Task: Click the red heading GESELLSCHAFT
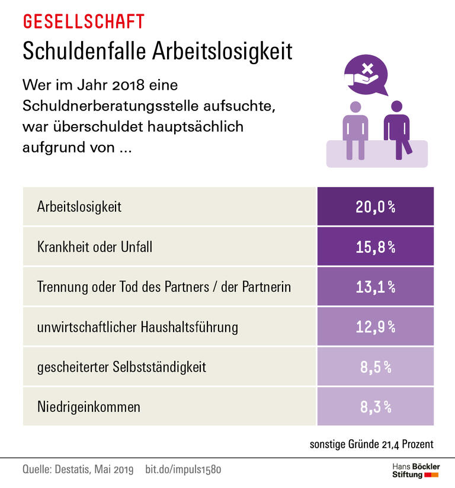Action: coord(83,22)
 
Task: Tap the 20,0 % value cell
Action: coord(375,207)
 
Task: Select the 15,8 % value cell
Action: coord(375,246)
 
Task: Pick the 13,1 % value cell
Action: coord(375,287)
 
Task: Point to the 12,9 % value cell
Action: coord(375,327)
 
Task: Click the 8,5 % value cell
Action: coord(375,366)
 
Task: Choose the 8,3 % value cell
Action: coord(375,407)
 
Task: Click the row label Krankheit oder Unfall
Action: coord(95,246)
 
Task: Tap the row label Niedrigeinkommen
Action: coord(89,407)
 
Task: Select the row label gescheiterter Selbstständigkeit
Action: coord(121,367)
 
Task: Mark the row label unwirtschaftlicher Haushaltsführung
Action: coord(137,327)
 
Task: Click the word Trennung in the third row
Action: coord(60,287)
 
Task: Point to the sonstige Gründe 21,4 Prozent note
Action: coord(371,444)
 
